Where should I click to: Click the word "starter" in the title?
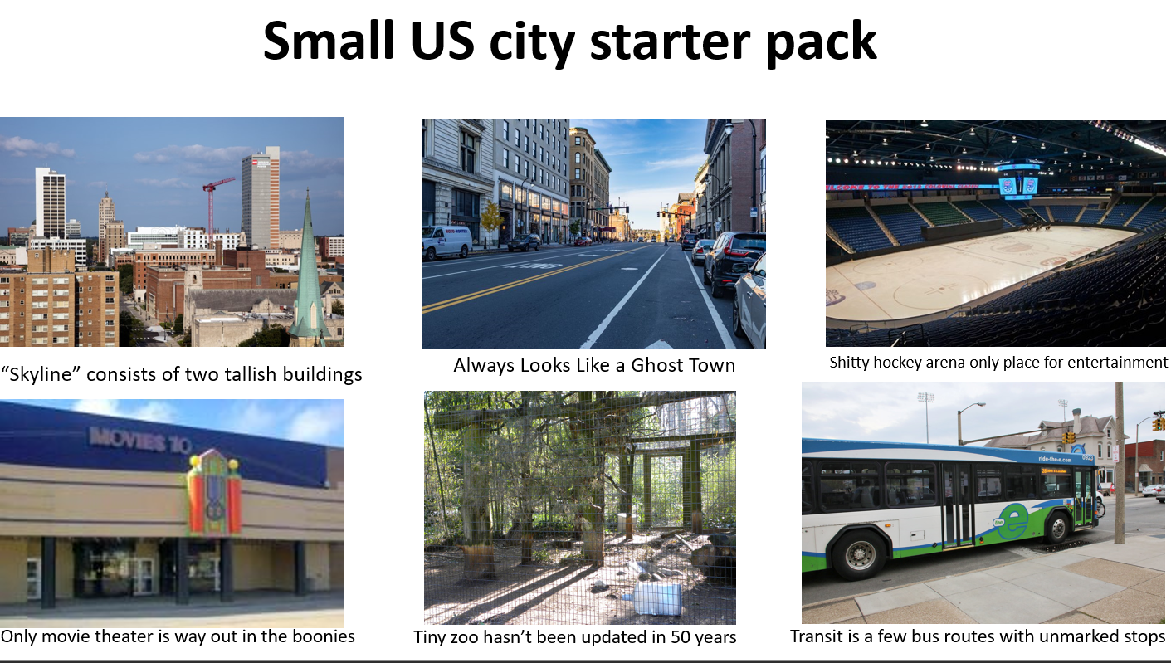(x=670, y=41)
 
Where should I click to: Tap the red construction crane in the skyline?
(x=212, y=209)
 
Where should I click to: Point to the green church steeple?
(x=309, y=272)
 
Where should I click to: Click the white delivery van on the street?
(x=446, y=242)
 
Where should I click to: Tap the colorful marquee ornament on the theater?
(x=214, y=491)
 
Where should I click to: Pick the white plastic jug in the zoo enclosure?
(x=657, y=597)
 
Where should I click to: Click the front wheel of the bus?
(x=1056, y=527)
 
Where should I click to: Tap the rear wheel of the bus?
(x=859, y=554)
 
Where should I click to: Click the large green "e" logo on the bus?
(x=1014, y=519)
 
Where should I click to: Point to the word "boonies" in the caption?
(x=324, y=636)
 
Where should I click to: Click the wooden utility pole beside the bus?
(x=1120, y=463)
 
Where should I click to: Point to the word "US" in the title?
(x=443, y=41)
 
